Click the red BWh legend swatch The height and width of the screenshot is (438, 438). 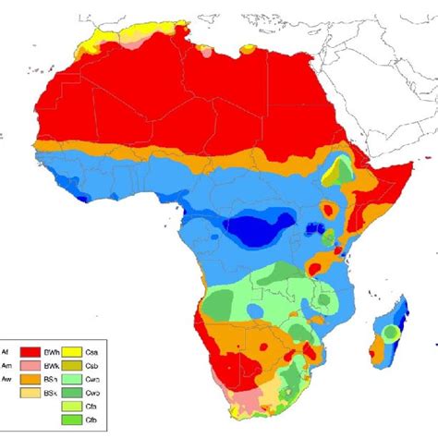tap(30, 352)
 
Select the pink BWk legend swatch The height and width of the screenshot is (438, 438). tap(30, 365)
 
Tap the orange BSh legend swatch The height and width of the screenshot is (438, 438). tap(30, 379)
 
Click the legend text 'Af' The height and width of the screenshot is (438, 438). tap(5, 352)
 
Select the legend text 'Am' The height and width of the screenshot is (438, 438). tap(5, 365)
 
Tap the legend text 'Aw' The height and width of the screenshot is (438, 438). tap(5, 379)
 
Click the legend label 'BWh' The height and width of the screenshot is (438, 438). tap(49, 352)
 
